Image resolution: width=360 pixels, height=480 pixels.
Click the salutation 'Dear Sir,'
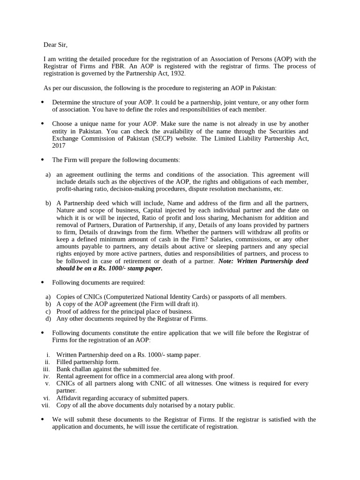(x=55, y=45)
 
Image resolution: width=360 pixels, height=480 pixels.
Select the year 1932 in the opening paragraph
(x=179, y=74)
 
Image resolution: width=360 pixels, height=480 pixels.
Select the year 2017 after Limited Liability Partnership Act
(x=59, y=146)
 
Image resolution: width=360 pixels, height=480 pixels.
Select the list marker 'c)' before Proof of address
(x=48, y=311)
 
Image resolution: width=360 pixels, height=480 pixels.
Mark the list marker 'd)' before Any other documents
(x=48, y=319)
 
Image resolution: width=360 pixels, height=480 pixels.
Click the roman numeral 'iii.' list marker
(x=46, y=369)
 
